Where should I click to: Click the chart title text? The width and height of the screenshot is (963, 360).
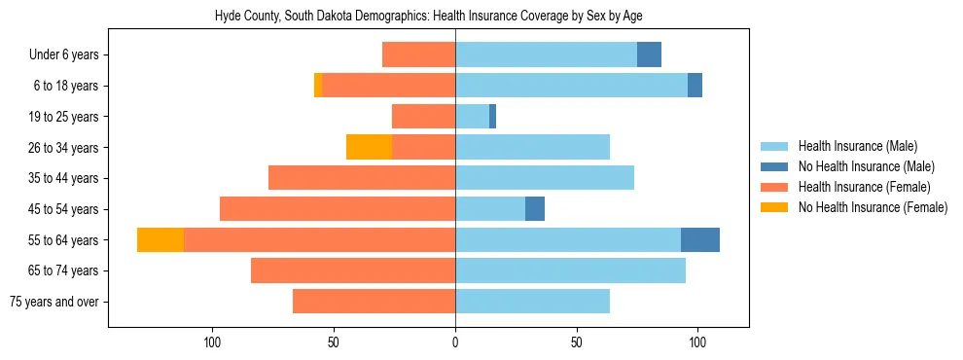[428, 17]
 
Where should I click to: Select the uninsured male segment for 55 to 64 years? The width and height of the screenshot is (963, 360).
[700, 239]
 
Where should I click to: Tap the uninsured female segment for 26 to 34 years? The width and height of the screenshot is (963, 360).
[369, 147]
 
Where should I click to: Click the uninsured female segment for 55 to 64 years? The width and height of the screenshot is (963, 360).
[160, 239]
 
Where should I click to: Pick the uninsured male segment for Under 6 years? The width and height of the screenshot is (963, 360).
[649, 54]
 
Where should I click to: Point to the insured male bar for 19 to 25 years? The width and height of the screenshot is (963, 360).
[472, 116]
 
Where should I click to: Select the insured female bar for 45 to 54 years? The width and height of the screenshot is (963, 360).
[338, 208]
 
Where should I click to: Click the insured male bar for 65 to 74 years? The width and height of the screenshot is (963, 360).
[570, 270]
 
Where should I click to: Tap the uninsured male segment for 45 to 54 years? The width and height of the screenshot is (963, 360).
[535, 208]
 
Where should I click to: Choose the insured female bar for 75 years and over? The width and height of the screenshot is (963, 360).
[374, 302]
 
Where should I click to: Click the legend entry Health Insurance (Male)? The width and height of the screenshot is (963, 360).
[857, 146]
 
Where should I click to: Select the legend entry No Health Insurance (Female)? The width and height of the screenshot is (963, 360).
[872, 207]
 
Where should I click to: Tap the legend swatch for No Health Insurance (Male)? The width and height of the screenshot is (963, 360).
[774, 166]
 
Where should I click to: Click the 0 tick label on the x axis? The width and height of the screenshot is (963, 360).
[455, 342]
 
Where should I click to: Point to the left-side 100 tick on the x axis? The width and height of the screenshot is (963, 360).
[212, 342]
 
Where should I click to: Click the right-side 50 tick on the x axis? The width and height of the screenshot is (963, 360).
[577, 342]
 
